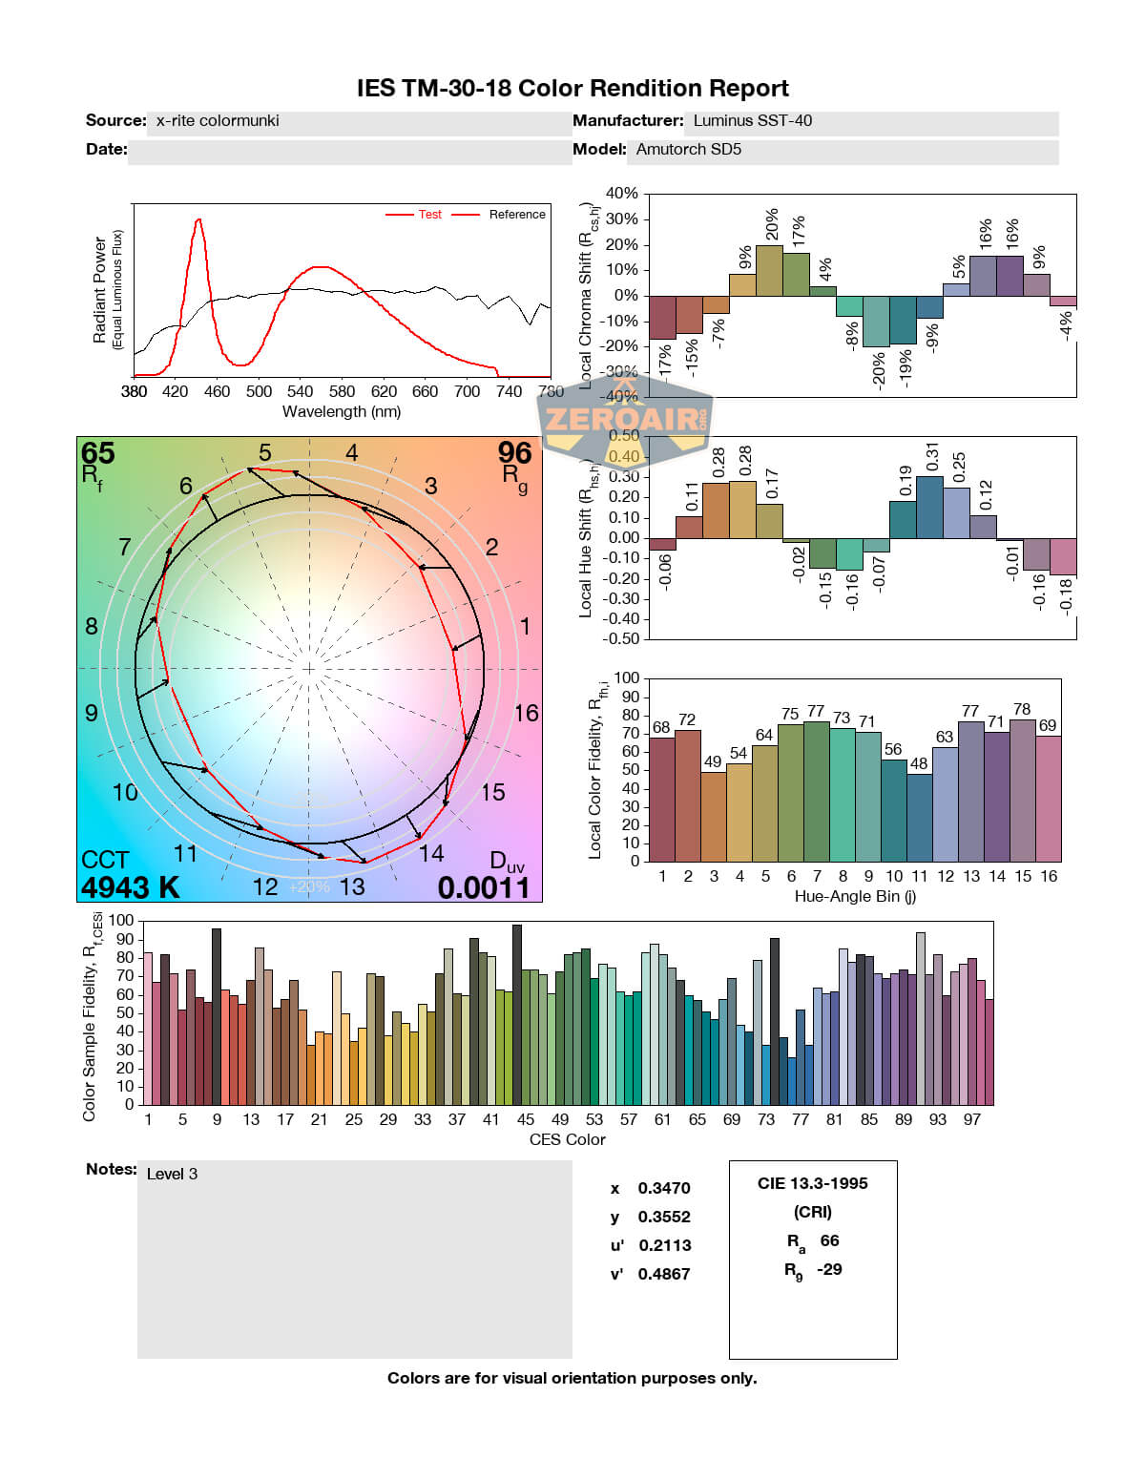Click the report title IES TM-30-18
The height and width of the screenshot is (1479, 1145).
(572, 89)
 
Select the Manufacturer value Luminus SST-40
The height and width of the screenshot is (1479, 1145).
(752, 121)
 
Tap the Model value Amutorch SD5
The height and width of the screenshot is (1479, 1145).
(688, 150)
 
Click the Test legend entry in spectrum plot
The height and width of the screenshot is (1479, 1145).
(429, 215)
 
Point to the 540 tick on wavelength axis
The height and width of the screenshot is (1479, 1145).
(300, 391)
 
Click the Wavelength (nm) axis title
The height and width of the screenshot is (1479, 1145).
(342, 412)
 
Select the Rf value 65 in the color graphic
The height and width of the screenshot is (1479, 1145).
(97, 452)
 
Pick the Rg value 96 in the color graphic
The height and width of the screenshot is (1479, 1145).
(514, 452)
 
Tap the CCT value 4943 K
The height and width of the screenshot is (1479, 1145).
(130, 887)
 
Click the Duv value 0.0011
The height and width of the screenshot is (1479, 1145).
(484, 888)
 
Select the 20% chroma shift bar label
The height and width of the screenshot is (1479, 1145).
(771, 224)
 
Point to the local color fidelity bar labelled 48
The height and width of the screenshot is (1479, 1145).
(919, 817)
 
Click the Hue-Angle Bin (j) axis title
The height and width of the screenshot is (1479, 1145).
(855, 897)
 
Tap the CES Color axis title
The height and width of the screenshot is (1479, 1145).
(567, 1139)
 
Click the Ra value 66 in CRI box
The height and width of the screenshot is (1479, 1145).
(829, 1240)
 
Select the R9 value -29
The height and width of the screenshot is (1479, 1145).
(829, 1269)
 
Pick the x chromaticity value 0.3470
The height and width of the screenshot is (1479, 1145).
(664, 1188)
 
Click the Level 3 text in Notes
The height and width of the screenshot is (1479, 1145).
(172, 1175)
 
